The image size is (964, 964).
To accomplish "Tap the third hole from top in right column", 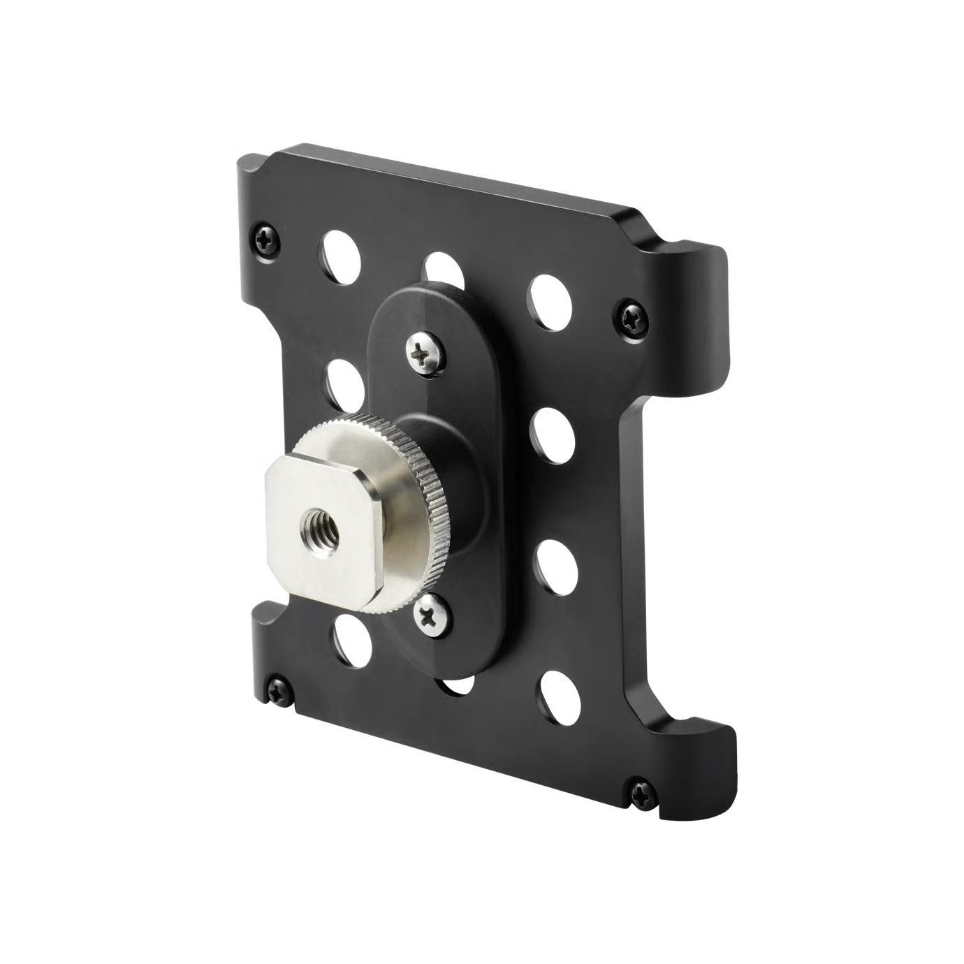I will tap(556, 563).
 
